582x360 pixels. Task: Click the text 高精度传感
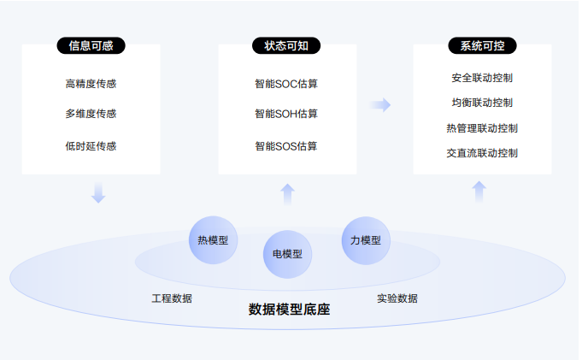point(91,84)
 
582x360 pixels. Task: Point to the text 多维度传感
point(91,114)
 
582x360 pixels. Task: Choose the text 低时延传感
point(91,146)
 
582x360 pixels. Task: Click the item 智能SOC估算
point(286,84)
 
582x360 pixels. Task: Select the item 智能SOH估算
point(286,114)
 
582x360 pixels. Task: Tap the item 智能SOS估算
point(286,146)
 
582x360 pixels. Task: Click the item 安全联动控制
point(482,78)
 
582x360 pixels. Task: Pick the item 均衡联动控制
point(482,103)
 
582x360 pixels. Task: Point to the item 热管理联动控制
point(482,128)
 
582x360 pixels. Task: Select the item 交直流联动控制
point(482,153)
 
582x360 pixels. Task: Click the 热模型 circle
point(213,240)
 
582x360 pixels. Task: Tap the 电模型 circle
point(287,254)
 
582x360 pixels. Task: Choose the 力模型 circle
point(366,240)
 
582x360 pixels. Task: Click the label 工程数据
point(172,298)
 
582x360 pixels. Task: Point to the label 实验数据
point(397,298)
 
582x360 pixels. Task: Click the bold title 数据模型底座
point(289,310)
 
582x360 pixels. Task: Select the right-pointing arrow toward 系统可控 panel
point(380,104)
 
